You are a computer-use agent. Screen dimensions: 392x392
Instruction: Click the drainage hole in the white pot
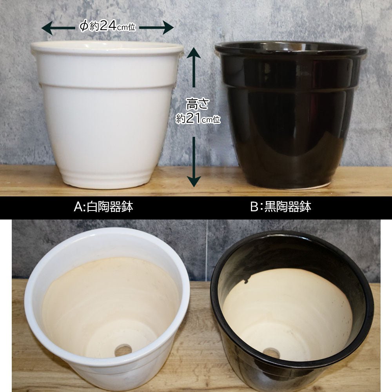pos(123,350)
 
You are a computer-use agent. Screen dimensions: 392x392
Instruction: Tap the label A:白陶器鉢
pos(103,207)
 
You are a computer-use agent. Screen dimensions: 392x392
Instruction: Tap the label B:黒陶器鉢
pos(281,207)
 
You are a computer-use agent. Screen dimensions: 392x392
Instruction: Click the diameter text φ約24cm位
pos(107,26)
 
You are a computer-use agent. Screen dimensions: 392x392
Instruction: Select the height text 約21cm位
pos(198,118)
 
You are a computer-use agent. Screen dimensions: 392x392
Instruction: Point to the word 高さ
pos(198,104)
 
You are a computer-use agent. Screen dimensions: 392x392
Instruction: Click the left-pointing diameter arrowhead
pos(47,28)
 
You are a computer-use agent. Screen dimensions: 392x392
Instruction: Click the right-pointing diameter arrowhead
pos(168,27)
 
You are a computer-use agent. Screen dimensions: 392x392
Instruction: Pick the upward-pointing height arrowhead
pos(194,53)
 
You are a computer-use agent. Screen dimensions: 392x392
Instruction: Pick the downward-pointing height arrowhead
pos(194,181)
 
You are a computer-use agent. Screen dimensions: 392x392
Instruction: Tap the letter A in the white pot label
pos(78,207)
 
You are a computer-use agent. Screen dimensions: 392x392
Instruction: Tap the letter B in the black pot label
pos(254,207)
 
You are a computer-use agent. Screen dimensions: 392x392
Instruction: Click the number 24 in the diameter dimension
pos(107,25)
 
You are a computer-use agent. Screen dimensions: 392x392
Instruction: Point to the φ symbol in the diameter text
pos(84,26)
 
